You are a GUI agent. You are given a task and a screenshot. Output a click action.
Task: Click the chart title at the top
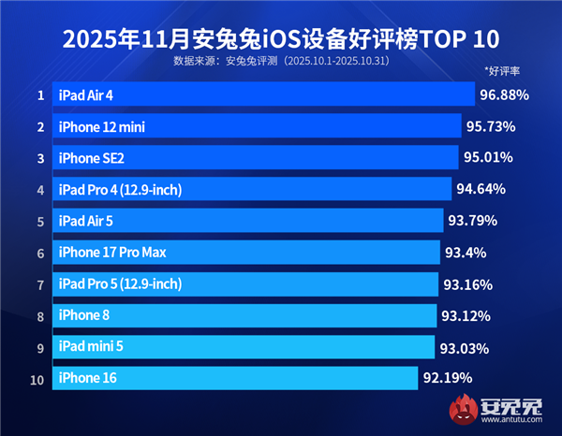pos(281,38)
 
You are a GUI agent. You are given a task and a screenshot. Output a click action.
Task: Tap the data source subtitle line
pos(281,62)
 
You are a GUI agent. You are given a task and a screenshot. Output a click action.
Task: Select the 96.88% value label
pos(504,94)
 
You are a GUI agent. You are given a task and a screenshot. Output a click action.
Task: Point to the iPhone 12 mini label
pos(101,126)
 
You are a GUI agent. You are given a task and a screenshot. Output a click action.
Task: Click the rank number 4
pos(40,189)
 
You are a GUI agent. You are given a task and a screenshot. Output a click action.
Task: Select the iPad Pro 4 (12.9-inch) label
pos(120,189)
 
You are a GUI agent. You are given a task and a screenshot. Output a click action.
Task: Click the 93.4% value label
pos(464,252)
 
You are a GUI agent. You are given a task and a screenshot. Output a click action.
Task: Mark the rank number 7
pos(40,283)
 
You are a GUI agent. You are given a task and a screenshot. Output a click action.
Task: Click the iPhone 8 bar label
pos(84,315)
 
